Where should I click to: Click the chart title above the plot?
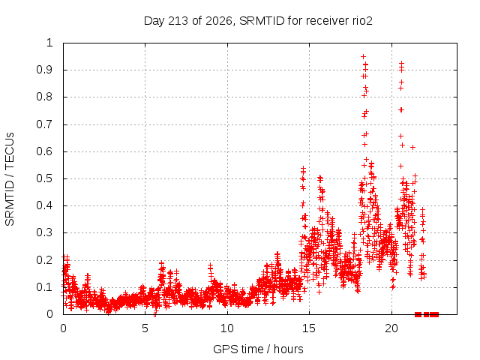click(x=258, y=21)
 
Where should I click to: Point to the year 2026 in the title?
click(x=219, y=21)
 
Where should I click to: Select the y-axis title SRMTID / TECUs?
click(x=10, y=179)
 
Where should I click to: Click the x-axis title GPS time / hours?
click(x=258, y=349)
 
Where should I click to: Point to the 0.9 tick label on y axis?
click(x=45, y=70)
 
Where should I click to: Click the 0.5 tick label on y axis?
click(x=45, y=178)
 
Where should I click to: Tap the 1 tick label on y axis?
click(x=50, y=43)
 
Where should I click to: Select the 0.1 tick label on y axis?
click(x=45, y=287)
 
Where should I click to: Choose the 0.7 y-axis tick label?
click(x=45, y=124)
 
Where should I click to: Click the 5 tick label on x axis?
click(x=145, y=328)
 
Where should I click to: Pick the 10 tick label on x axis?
click(x=227, y=328)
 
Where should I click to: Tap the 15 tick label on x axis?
click(x=309, y=328)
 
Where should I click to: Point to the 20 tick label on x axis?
click(x=391, y=328)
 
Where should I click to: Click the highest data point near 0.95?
click(x=363, y=57)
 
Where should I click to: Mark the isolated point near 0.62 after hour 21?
click(x=412, y=147)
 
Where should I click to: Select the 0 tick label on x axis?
click(x=63, y=328)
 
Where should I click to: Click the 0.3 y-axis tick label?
click(x=45, y=232)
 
